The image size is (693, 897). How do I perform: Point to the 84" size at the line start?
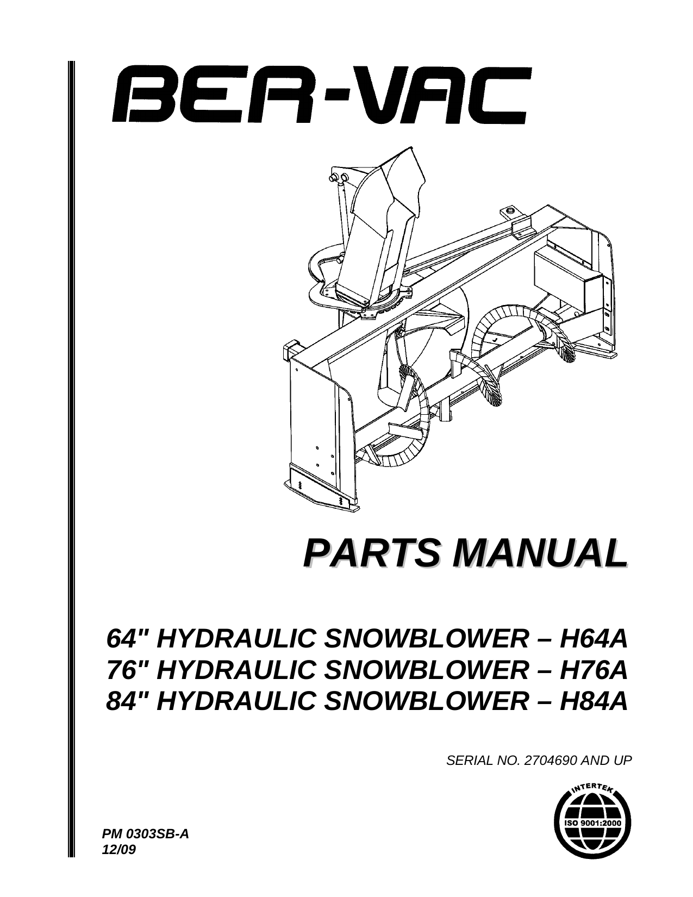pos(126,701)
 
